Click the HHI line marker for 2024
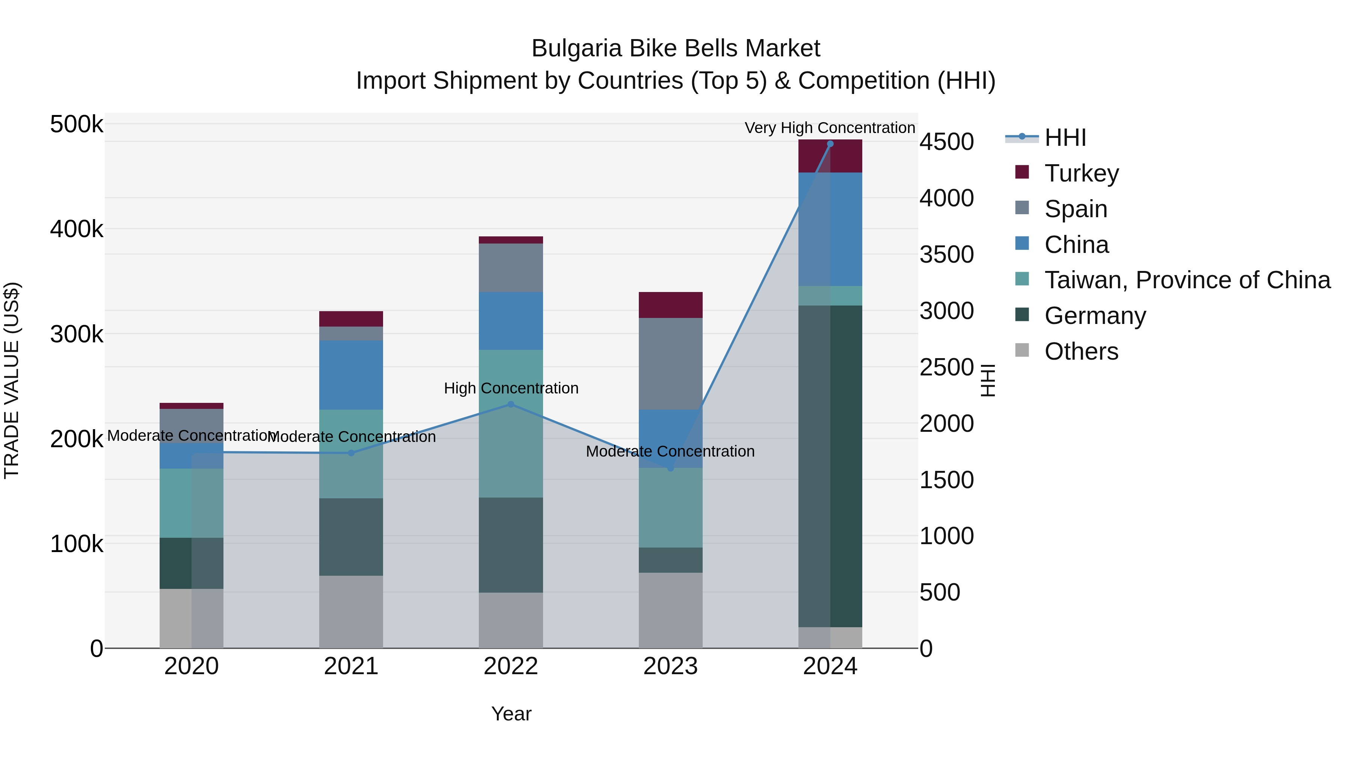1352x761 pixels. pos(830,144)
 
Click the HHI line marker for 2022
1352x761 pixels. pos(511,404)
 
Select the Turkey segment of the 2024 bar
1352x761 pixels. pos(830,156)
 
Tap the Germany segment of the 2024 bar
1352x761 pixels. pos(830,466)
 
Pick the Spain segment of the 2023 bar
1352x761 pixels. pos(670,363)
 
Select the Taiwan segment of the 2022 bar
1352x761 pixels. pos(511,423)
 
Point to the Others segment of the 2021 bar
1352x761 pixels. pos(351,611)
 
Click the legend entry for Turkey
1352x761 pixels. pos(1081,173)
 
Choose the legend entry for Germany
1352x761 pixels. pos(1095,316)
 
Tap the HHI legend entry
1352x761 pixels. pos(1064,138)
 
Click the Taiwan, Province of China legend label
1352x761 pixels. pos(1187,280)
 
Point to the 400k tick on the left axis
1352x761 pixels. pos(77,229)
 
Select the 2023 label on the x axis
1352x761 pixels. pos(670,666)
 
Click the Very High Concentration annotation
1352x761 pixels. pos(830,128)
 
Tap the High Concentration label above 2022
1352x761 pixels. pos(511,388)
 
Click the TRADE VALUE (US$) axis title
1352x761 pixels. pos(12,380)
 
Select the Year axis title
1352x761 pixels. pos(511,714)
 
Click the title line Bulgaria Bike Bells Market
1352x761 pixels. pos(676,48)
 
